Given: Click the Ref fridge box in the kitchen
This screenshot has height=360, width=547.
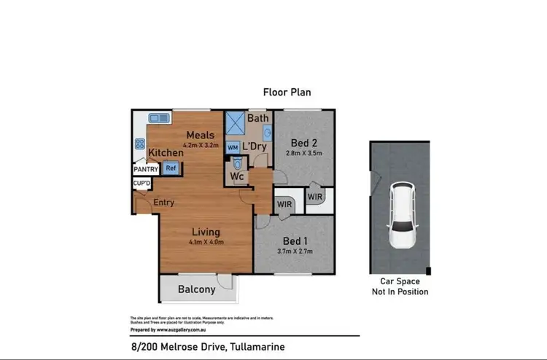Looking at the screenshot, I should pyautogui.click(x=171, y=168).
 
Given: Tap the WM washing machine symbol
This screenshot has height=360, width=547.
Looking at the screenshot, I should pyautogui.click(x=233, y=147).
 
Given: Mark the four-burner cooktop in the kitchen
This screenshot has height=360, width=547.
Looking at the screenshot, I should pyautogui.click(x=139, y=144).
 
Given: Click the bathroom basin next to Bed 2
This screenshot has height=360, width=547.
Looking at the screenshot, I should pyautogui.click(x=268, y=133).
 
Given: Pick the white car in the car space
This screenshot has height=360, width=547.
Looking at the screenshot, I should pyautogui.click(x=400, y=216).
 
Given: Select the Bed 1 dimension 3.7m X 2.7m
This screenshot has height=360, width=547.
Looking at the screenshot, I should pyautogui.click(x=295, y=251).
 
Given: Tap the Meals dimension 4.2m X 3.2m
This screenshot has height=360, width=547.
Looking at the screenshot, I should pyautogui.click(x=199, y=145).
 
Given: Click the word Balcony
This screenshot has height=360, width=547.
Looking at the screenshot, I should pyautogui.click(x=197, y=289).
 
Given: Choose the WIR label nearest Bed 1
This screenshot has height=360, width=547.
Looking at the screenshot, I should pyautogui.click(x=284, y=205).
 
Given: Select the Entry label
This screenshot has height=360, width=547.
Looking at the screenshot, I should pyautogui.click(x=163, y=203).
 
